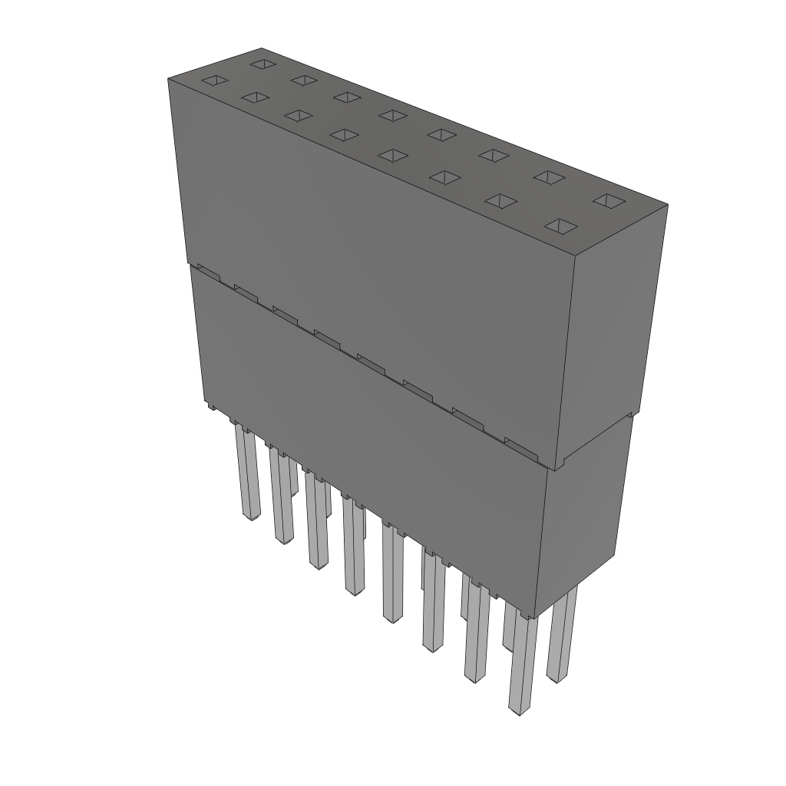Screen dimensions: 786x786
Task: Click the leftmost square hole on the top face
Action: click(213, 81)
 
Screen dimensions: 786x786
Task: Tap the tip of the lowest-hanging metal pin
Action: click(520, 711)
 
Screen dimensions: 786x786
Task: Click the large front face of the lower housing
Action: click(368, 445)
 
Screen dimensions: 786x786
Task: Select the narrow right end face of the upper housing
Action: click(614, 330)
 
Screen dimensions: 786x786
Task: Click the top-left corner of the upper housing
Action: click(169, 78)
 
